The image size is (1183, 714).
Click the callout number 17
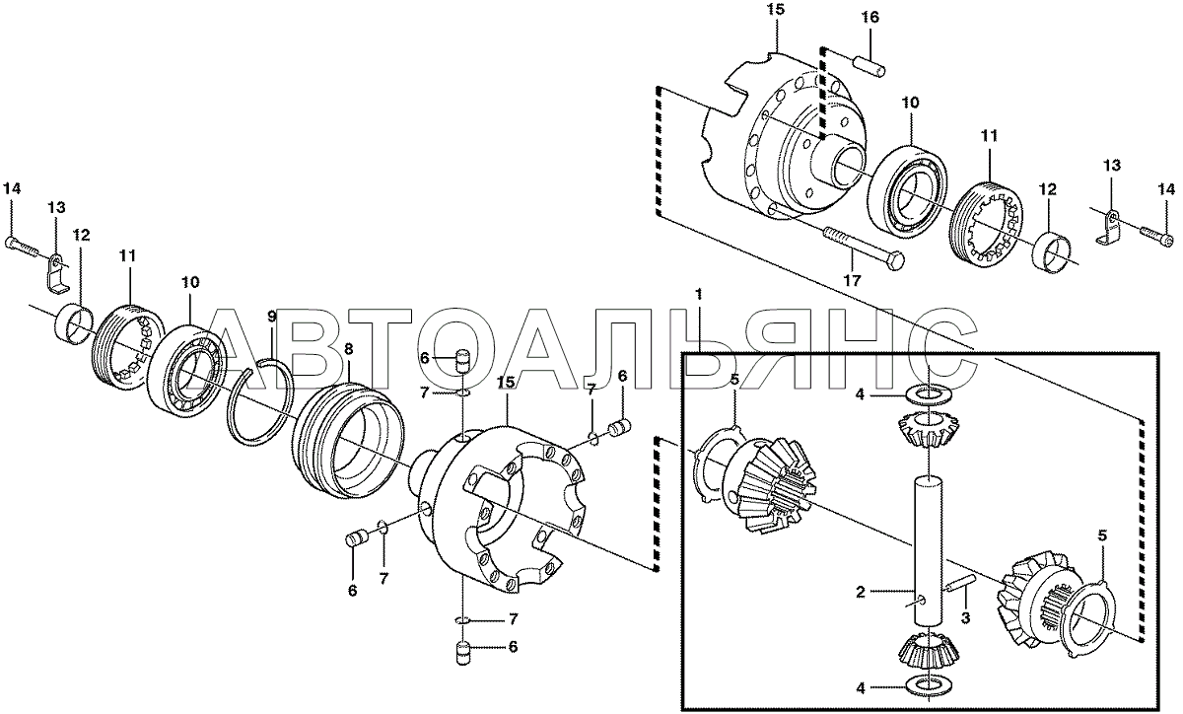click(852, 280)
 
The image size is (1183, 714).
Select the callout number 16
click(870, 18)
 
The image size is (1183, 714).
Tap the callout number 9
click(271, 317)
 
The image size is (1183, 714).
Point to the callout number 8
click(348, 349)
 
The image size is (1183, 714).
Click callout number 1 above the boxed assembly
click(699, 294)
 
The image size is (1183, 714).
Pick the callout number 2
click(861, 593)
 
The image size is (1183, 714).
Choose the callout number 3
click(965, 617)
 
